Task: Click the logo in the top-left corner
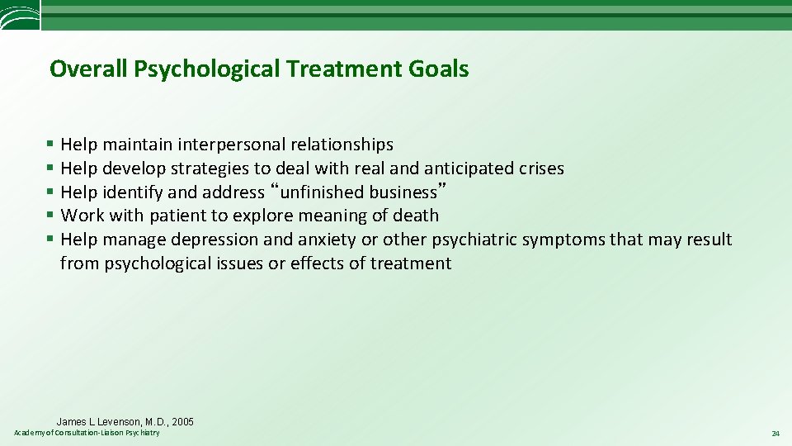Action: pyautogui.click(x=20, y=16)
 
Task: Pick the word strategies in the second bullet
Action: pyautogui.click(x=210, y=168)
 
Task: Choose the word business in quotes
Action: pyautogui.click(x=403, y=192)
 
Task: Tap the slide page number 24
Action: pyautogui.click(x=775, y=434)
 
